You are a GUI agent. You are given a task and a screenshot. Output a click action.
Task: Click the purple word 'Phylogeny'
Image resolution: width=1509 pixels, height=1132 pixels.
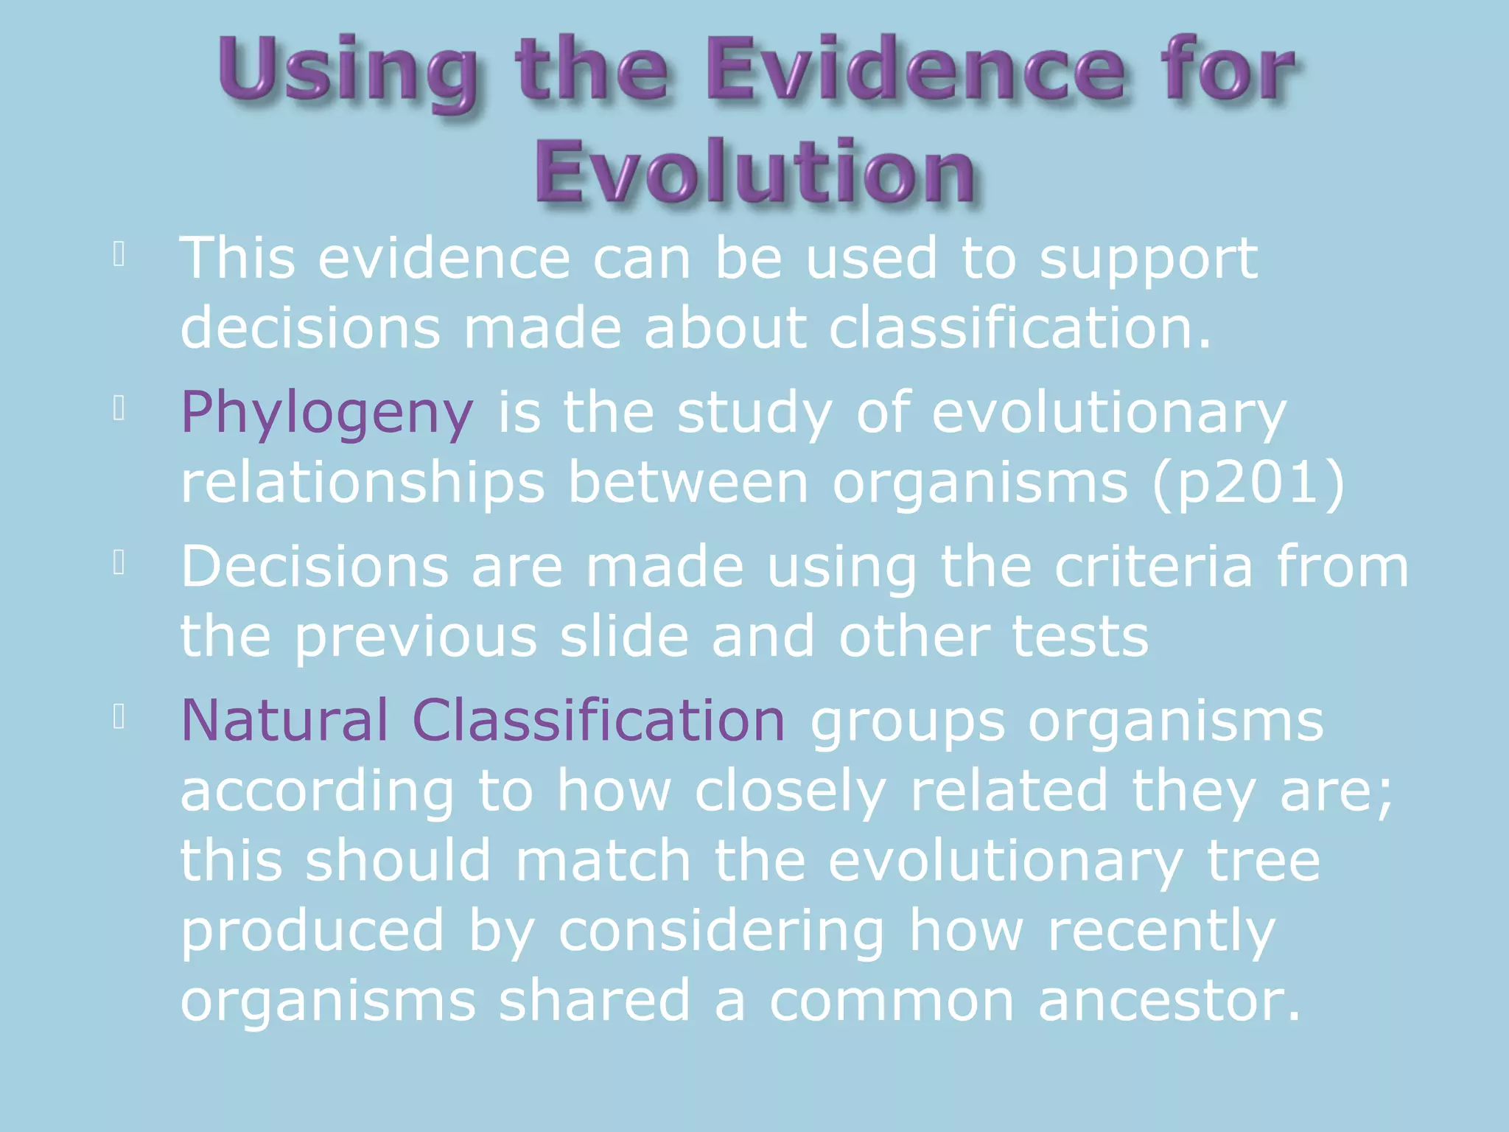[326, 413]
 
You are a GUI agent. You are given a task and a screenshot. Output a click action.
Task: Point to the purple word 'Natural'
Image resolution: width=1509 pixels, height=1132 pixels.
[284, 720]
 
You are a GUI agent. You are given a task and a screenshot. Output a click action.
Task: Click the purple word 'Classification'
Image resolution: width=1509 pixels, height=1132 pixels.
[598, 720]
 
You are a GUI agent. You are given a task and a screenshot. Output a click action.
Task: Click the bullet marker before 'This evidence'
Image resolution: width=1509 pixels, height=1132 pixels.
[119, 254]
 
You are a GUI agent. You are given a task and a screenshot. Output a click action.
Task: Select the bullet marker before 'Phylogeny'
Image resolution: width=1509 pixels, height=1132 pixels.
[119, 408]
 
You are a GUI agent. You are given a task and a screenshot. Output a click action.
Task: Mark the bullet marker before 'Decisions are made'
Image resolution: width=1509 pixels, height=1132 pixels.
[119, 563]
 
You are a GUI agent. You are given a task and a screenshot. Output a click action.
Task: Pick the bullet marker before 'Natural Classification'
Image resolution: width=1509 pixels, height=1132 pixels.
[119, 716]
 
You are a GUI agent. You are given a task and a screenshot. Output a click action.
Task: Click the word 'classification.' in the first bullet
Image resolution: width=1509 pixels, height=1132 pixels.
[1020, 327]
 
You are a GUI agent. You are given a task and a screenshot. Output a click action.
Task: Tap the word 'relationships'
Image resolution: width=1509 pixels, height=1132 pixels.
[363, 483]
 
